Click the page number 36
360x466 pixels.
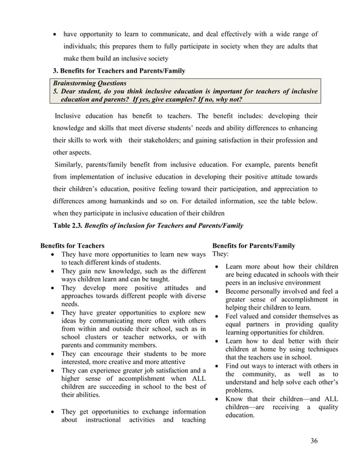coord(314,441)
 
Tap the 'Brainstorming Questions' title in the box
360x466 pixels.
coord(90,82)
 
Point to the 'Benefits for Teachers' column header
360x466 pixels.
coord(72,246)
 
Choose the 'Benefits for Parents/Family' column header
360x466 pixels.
coord(253,246)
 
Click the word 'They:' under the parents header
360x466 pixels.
coord(221,254)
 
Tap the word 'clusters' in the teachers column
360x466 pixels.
coord(98,337)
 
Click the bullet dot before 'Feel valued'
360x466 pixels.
coord(217,316)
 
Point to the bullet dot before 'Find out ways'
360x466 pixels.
coord(217,366)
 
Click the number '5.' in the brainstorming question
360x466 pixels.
coord(56,91)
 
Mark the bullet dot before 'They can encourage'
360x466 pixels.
coord(53,354)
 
